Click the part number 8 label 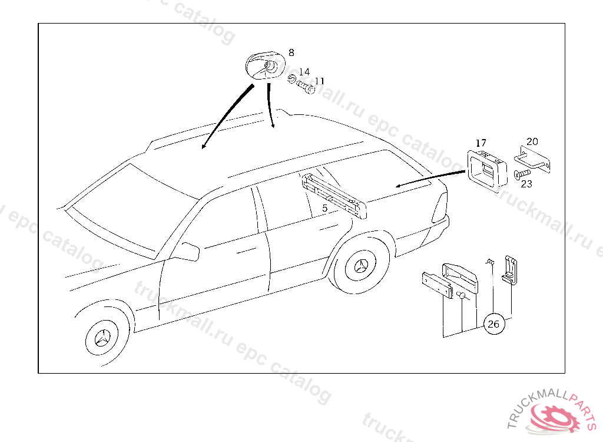pos(291,52)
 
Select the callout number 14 pos(304,72)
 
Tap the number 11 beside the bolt pos(319,81)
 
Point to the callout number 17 pos(481,143)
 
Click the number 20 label pos(532,141)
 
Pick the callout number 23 pos(526,184)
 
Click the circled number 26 pos(494,324)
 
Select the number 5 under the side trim pos(324,209)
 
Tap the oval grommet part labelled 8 pos(265,65)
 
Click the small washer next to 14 pos(292,79)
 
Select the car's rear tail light pos(439,206)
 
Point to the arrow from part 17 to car pos(430,179)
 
